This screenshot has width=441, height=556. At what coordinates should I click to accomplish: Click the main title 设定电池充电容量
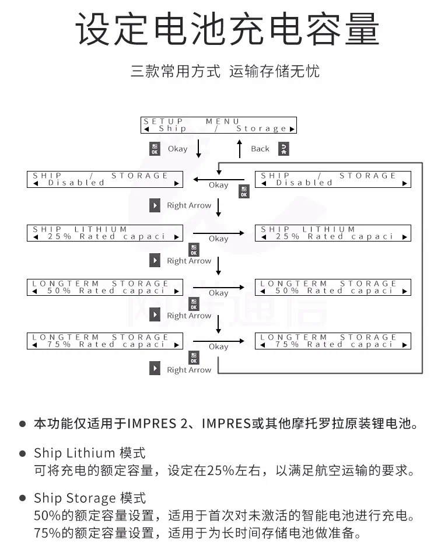pyautogui.click(x=228, y=29)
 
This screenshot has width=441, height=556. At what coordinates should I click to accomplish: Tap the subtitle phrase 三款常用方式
pyautogui.click(x=176, y=72)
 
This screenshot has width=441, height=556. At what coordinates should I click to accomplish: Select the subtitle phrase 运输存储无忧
pyautogui.click(x=274, y=72)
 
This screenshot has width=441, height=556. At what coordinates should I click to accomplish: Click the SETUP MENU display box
pyautogui.click(x=219, y=125)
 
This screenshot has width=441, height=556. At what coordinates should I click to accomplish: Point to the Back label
pyautogui.click(x=260, y=149)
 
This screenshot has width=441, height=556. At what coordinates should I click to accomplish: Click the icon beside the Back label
pyautogui.click(x=283, y=149)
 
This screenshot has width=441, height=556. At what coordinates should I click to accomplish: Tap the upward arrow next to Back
pyautogui.click(x=239, y=149)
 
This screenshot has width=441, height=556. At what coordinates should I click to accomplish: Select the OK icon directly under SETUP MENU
pyautogui.click(x=155, y=149)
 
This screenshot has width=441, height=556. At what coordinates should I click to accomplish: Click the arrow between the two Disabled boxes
pyautogui.click(x=219, y=179)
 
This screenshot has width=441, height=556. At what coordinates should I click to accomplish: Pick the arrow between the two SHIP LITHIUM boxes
pyautogui.click(x=219, y=233)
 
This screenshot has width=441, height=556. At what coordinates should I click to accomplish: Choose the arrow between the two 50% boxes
pyautogui.click(x=219, y=287)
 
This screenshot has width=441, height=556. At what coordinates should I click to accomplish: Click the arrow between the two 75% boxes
pyautogui.click(x=219, y=341)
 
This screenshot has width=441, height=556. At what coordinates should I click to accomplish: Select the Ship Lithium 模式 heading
pyautogui.click(x=89, y=453)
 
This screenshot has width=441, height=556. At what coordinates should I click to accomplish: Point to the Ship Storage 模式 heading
pyautogui.click(x=89, y=498)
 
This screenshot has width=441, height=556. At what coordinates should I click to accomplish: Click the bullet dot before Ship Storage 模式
pyautogui.click(x=22, y=498)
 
